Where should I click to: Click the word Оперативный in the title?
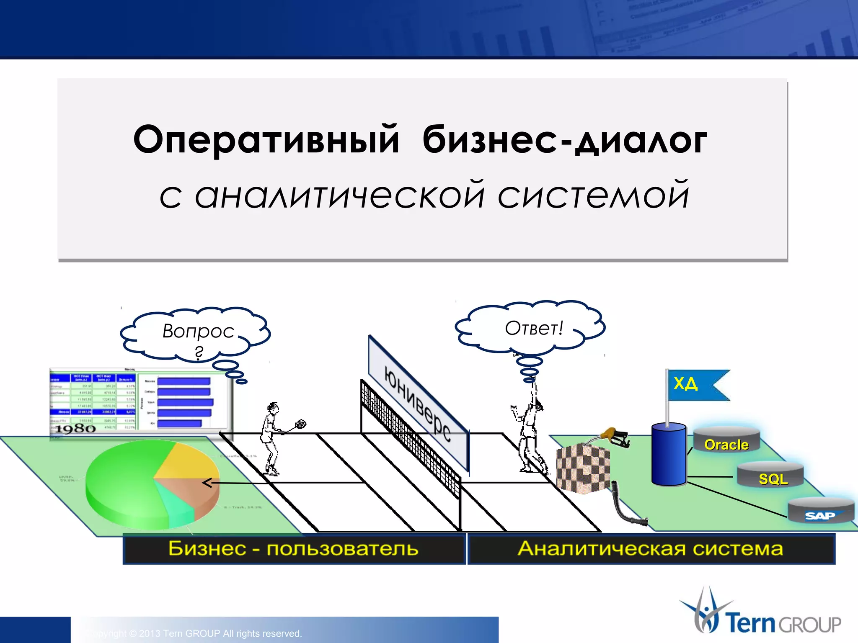(266, 140)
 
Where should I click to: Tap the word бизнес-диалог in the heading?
(564, 140)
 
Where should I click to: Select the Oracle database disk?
(726, 442)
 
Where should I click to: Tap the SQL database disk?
(770, 476)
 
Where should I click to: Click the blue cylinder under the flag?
(669, 455)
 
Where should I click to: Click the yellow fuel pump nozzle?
(614, 436)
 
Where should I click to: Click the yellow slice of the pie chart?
(184, 460)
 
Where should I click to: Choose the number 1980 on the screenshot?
(75, 429)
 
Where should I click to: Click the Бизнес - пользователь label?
(293, 548)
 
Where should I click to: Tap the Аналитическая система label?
(650, 548)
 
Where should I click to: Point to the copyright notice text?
(197, 633)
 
